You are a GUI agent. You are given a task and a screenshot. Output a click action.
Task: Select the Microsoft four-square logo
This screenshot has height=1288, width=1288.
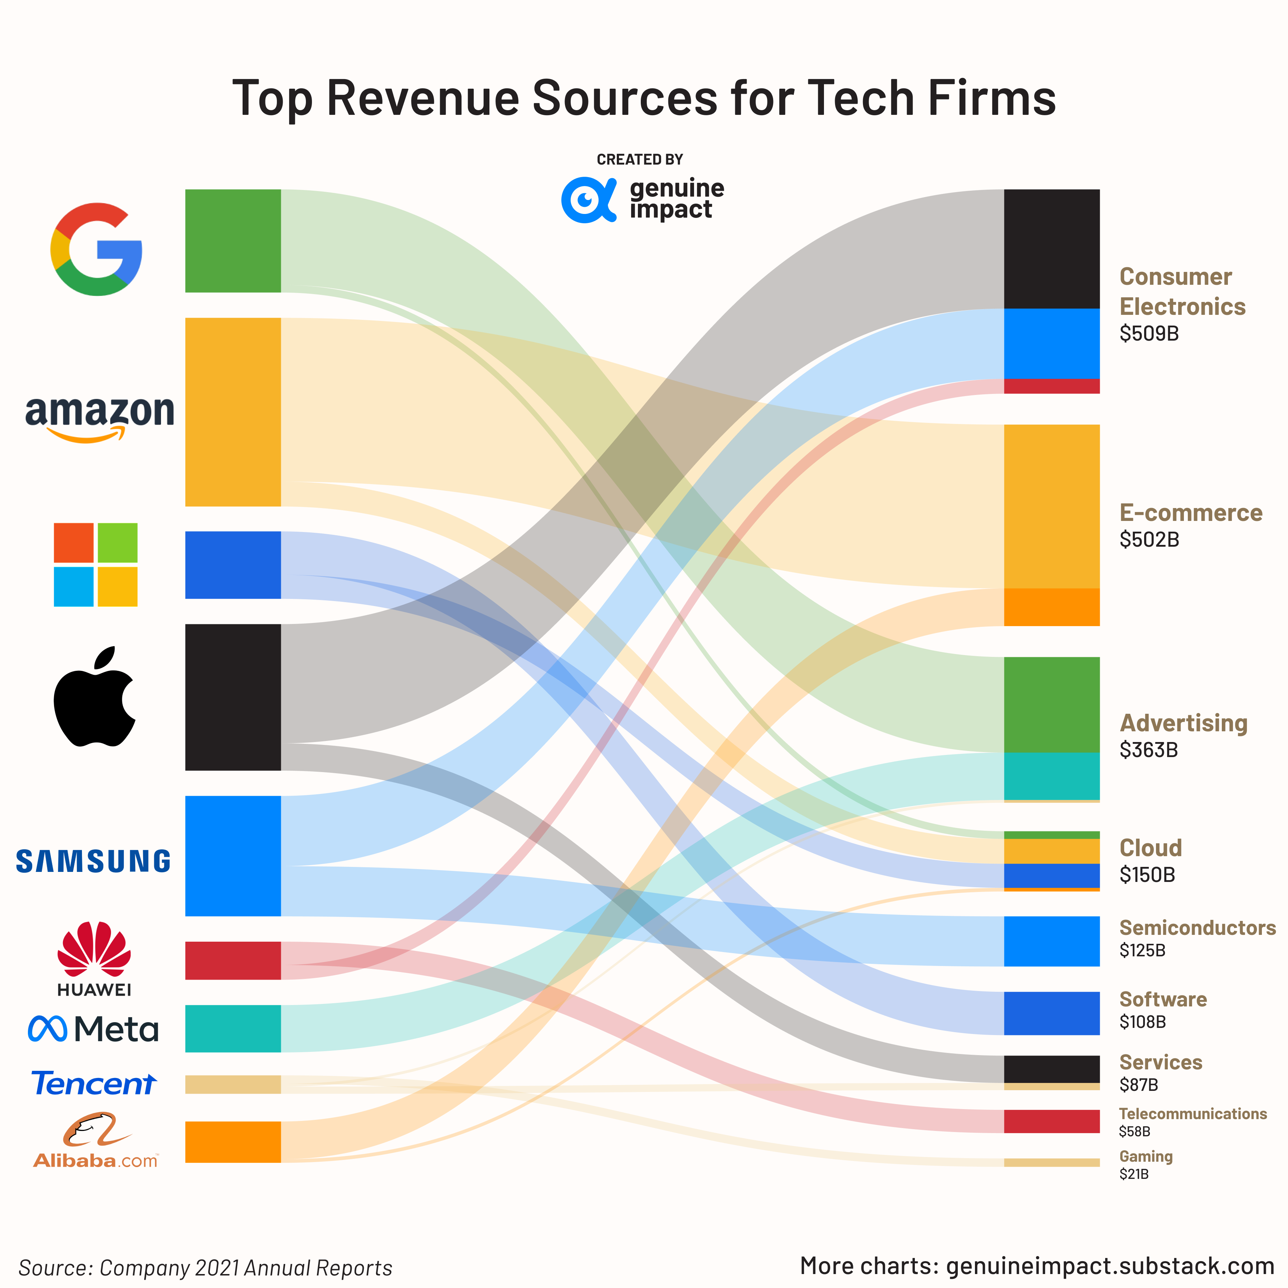click(x=95, y=565)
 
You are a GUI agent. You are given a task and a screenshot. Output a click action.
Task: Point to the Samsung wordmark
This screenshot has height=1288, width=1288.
click(x=93, y=861)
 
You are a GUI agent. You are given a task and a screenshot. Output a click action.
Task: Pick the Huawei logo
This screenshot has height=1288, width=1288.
click(x=94, y=959)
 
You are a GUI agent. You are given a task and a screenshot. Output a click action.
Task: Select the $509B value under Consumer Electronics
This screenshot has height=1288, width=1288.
click(x=1149, y=333)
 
